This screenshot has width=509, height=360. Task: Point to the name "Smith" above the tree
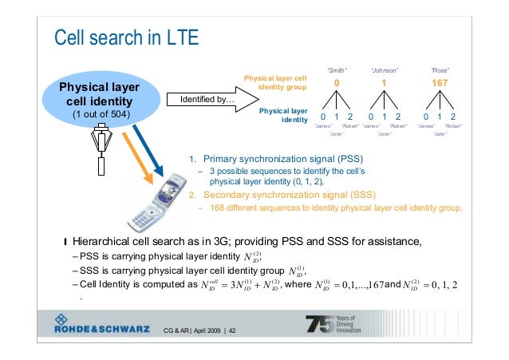coord(337,69)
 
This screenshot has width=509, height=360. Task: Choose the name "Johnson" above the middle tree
coord(385,69)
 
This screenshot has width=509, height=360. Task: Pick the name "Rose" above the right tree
coord(440,69)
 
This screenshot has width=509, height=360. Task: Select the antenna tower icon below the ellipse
coord(101,152)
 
